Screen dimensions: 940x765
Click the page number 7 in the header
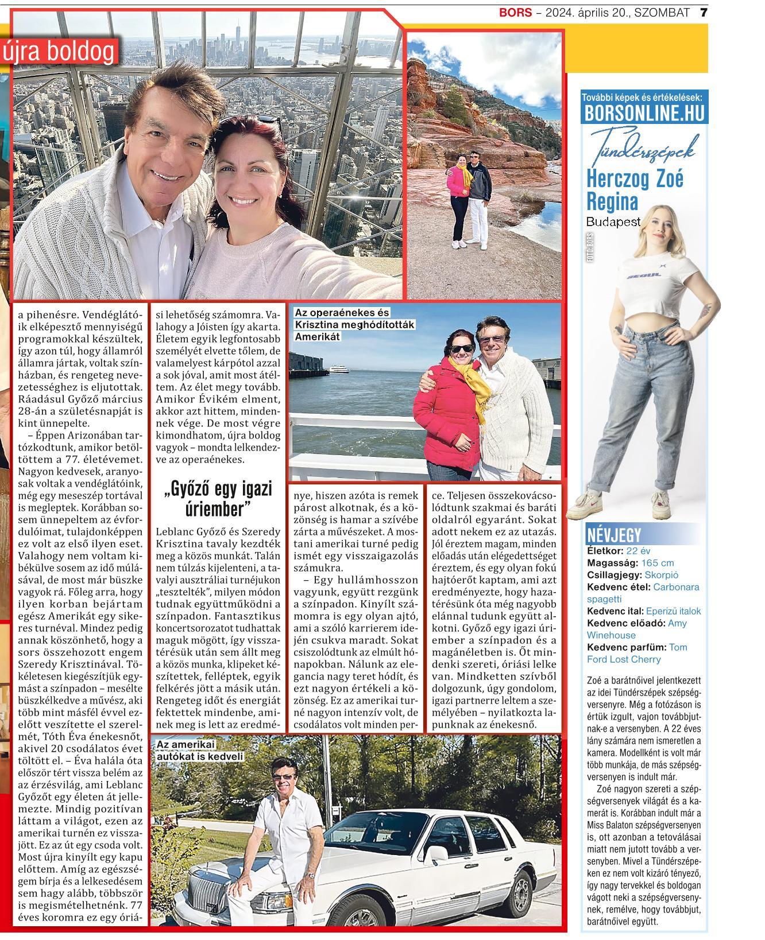click(704, 12)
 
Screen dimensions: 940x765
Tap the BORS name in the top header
click(515, 12)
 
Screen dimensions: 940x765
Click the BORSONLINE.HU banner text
click(644, 114)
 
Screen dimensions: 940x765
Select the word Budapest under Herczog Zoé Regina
click(612, 222)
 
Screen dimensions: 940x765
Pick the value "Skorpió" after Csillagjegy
click(662, 575)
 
